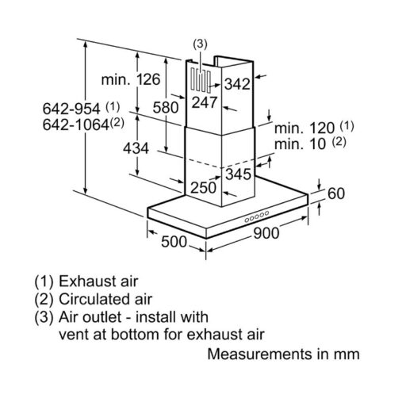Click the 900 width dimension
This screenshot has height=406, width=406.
[x=266, y=233]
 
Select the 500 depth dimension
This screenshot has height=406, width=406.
[x=174, y=242]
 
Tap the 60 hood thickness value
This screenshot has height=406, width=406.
[x=336, y=193]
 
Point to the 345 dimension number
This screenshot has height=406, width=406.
[x=238, y=174]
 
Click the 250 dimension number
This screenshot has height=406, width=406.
[x=204, y=188]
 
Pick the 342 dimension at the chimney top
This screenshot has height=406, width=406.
[x=237, y=84]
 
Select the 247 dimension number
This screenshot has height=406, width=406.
[x=205, y=102]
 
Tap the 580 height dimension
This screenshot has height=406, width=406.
[x=166, y=108]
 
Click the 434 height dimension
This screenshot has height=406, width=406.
[x=136, y=148]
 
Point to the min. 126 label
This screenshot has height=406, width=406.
[x=131, y=79]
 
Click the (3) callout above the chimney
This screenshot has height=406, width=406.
[x=200, y=44]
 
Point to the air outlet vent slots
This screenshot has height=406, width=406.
[x=201, y=80]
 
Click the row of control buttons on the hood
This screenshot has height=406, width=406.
[x=257, y=216]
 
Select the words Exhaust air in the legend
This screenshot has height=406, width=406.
[x=98, y=282]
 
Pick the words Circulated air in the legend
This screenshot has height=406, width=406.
[x=105, y=299]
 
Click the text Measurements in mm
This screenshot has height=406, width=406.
[x=283, y=354]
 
